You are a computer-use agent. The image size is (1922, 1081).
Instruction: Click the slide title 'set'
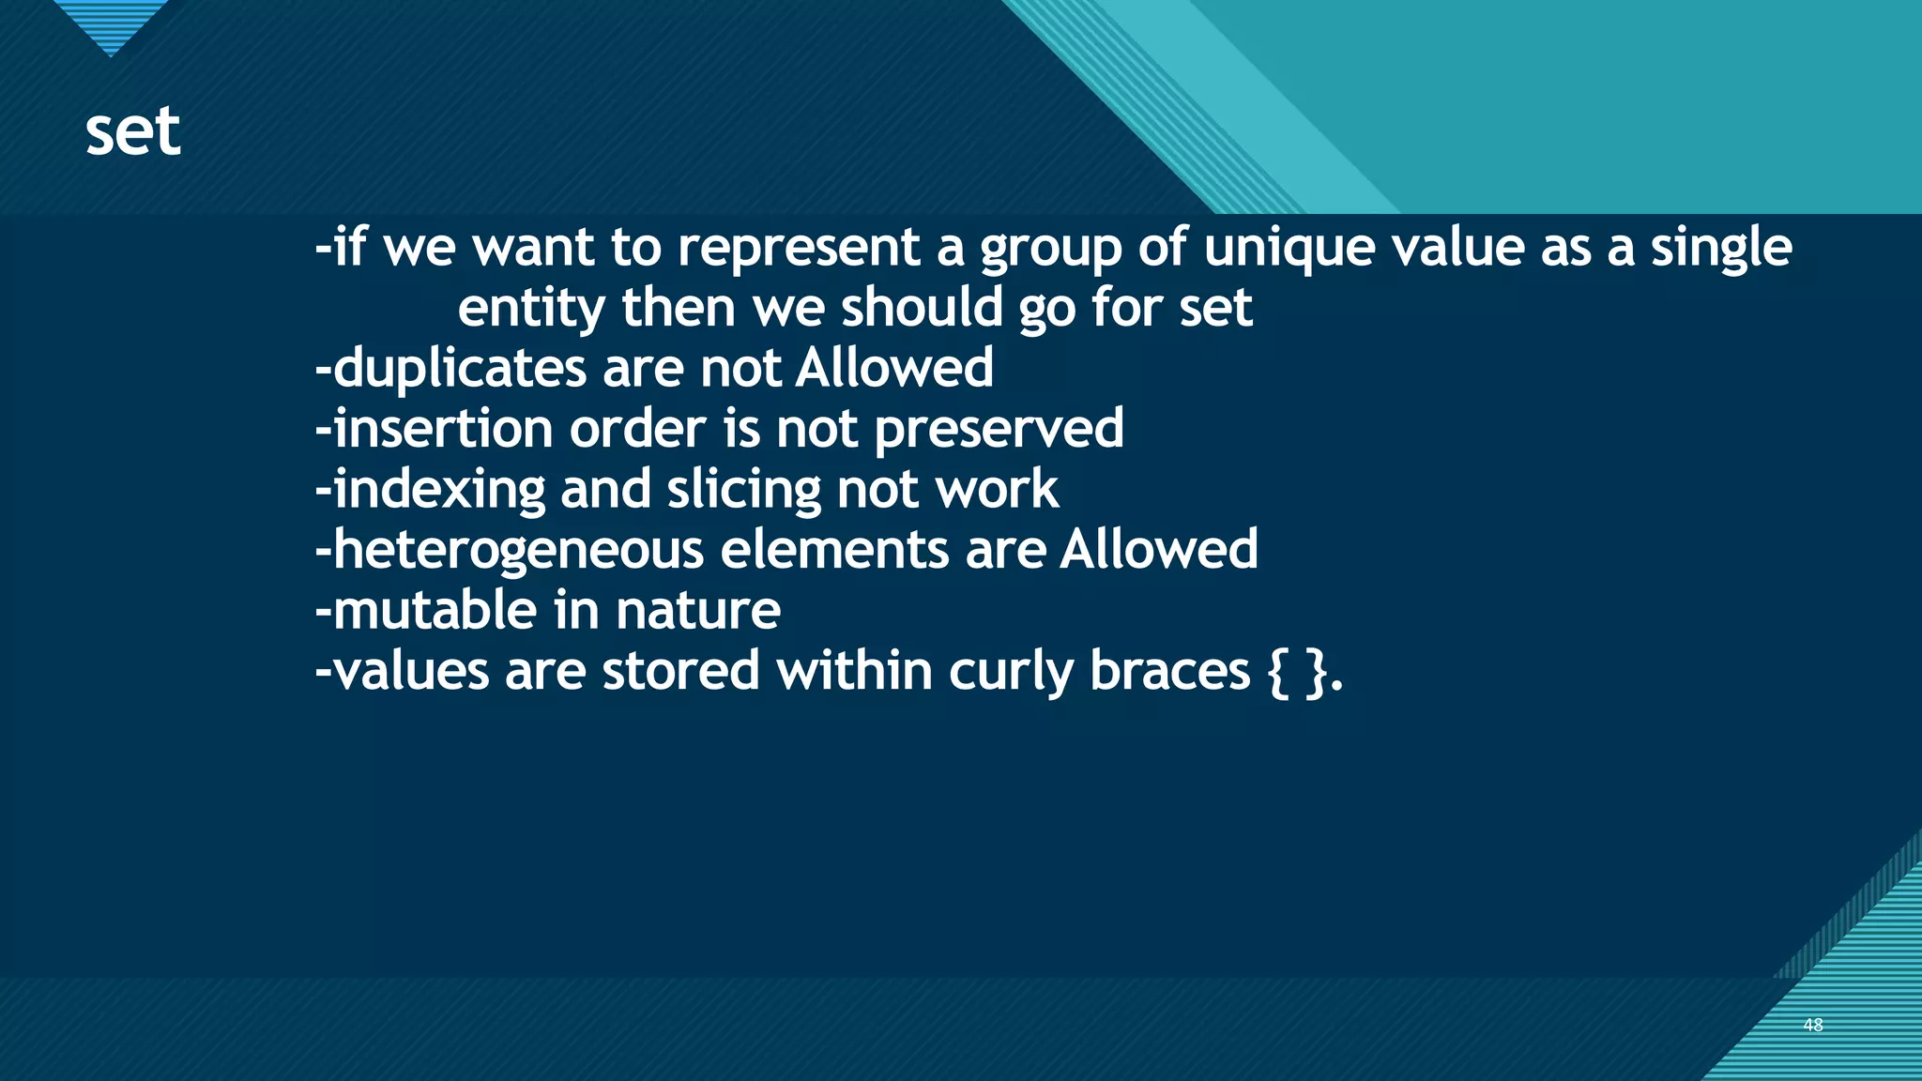132,132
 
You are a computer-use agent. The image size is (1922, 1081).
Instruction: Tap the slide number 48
1812,1025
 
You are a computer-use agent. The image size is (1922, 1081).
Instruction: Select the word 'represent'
797,248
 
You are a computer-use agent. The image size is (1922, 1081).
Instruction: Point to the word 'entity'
530,309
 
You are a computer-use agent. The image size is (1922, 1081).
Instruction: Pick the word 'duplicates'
459,368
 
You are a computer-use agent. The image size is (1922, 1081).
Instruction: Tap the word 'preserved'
999,430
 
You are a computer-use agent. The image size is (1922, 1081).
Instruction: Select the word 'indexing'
439,490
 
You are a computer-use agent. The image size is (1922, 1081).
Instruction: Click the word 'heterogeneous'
518,551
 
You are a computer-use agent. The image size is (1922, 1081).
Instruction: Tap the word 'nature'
698,611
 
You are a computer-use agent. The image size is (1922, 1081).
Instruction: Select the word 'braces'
1169,671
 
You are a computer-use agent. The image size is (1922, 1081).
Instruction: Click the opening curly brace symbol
1277,672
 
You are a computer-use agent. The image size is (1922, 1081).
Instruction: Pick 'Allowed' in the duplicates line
894,368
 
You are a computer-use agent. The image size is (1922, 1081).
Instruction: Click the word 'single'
1721,249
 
